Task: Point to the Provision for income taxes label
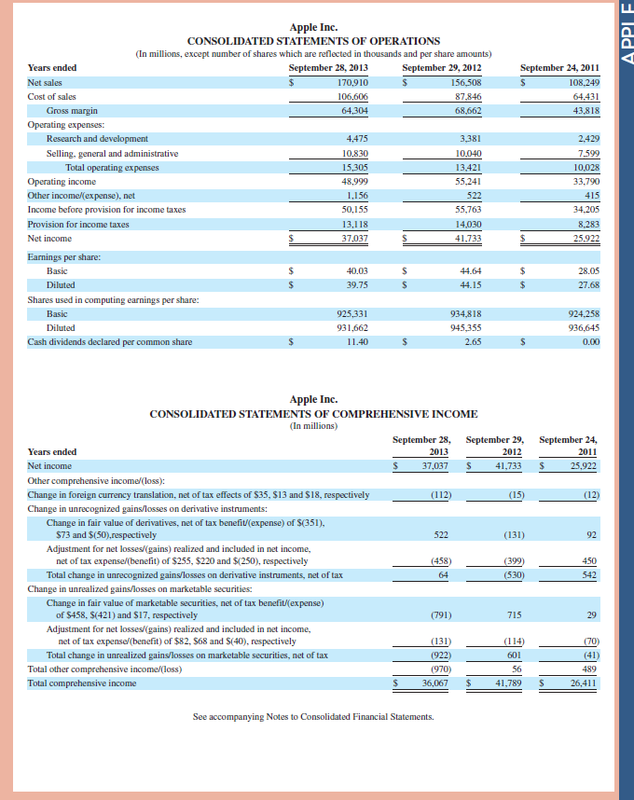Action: pos(78,225)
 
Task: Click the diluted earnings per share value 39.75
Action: pos(356,284)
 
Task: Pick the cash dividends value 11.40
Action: pos(357,342)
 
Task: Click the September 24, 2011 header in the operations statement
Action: pos(559,67)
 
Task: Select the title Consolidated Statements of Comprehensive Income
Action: pos(313,414)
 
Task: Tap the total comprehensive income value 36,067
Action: pos(434,683)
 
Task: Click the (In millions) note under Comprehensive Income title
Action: pos(313,426)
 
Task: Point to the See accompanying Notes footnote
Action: pos(313,717)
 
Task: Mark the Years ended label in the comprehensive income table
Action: pos(52,451)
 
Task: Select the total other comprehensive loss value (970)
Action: pos(440,669)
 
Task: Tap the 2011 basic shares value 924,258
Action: pos(583,314)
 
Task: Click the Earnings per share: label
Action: pos(64,256)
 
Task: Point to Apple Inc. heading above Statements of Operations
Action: pos(313,28)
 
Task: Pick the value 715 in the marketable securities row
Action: pos(512,614)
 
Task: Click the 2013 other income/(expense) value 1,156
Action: pos(357,196)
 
